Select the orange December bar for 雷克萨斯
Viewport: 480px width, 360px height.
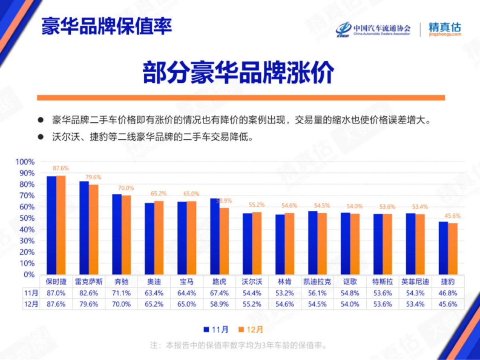click(94, 230)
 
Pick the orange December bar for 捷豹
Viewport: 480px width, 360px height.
click(452, 249)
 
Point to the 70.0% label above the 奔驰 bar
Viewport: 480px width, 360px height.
click(126, 188)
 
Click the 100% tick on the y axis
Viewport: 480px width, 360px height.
click(25, 162)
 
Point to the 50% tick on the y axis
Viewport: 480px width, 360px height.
click(27, 218)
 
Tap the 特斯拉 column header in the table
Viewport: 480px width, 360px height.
click(383, 282)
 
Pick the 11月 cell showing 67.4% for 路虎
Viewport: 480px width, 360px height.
click(219, 293)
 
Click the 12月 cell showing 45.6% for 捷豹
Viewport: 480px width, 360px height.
click(448, 304)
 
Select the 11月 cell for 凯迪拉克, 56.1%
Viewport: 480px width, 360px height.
click(317, 293)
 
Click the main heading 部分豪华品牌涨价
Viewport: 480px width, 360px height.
click(238, 72)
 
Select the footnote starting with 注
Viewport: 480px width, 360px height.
click(238, 345)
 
